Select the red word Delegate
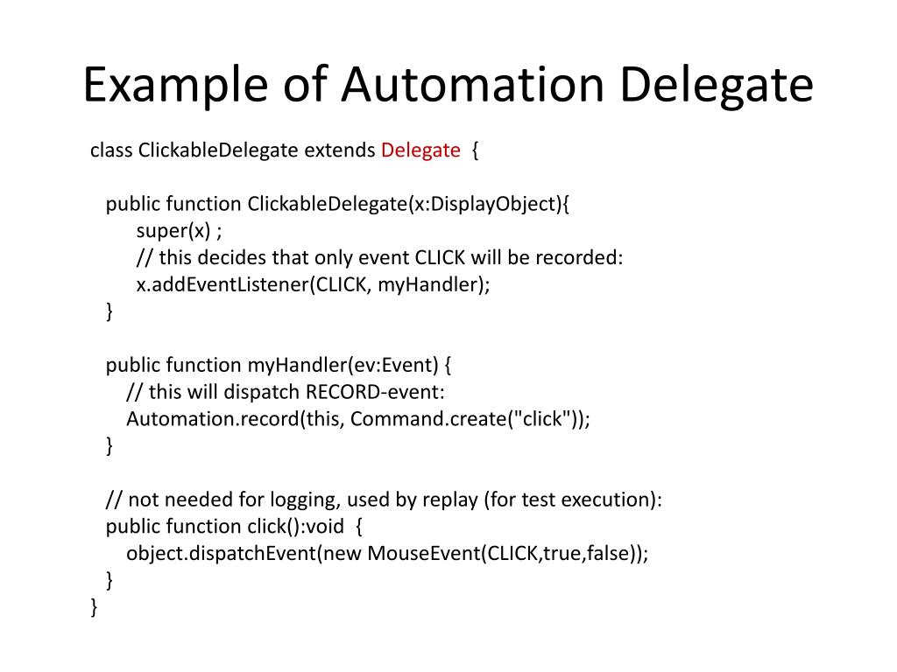pyautogui.click(x=420, y=150)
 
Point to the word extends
pyautogui.click(x=339, y=150)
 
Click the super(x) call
pyautogui.click(x=172, y=231)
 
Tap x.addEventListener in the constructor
pyautogui.click(x=220, y=284)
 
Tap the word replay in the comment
pyautogui.click(x=450, y=500)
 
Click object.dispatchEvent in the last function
pyautogui.click(x=220, y=554)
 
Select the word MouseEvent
pyautogui.click(x=423, y=554)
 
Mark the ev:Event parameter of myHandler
pyautogui.click(x=392, y=365)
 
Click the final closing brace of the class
pyautogui.click(x=95, y=607)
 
